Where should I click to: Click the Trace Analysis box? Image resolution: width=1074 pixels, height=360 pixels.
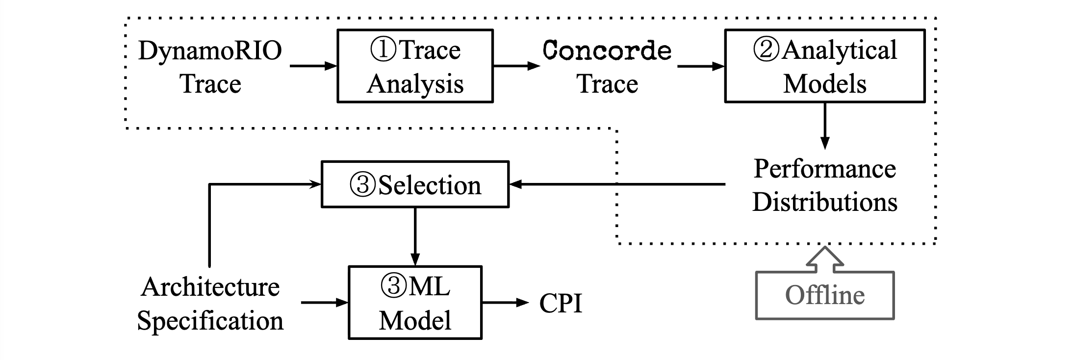pyautogui.click(x=415, y=66)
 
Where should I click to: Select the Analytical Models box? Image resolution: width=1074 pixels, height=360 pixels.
pyautogui.click(x=825, y=66)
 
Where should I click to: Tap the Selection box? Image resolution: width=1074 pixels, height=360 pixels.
pyautogui.click(x=415, y=185)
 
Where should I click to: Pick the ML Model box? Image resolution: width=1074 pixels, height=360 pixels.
pyautogui.click(x=415, y=303)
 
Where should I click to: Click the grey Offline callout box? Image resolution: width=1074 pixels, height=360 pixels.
pyautogui.click(x=825, y=295)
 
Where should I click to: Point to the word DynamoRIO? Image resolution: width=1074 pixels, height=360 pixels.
pyautogui.click(x=210, y=51)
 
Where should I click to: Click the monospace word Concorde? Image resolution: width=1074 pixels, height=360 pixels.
pyautogui.click(x=607, y=51)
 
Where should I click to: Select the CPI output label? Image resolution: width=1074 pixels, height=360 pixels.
pyautogui.click(x=561, y=303)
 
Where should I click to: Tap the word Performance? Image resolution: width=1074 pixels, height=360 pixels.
pyautogui.click(x=825, y=169)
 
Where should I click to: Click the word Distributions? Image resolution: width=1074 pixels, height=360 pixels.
pyautogui.click(x=825, y=202)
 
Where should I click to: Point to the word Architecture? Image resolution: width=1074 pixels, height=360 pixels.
pyautogui.click(x=210, y=287)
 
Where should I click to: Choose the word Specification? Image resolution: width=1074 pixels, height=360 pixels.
pyautogui.click(x=210, y=321)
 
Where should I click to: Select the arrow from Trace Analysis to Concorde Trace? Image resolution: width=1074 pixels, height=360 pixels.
pyautogui.click(x=516, y=66)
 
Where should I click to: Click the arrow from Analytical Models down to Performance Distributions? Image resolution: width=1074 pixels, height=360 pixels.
pyautogui.click(x=825, y=125)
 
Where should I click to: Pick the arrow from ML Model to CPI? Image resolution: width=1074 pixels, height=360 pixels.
pyautogui.click(x=505, y=303)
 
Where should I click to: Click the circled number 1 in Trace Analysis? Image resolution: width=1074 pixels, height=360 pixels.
pyautogui.click(x=383, y=50)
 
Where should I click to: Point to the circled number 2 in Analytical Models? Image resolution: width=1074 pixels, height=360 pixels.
pyautogui.click(x=766, y=50)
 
